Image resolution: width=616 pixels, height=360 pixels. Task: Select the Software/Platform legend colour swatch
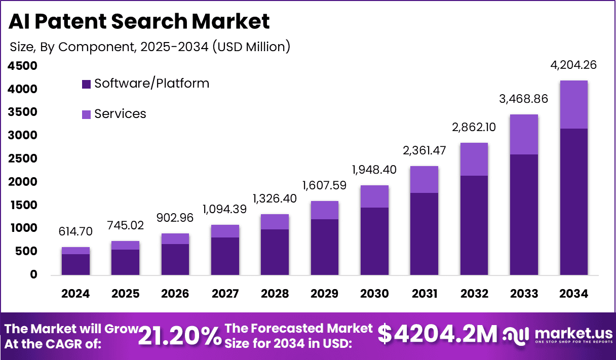click(86, 84)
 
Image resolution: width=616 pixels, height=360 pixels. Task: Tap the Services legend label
click(120, 114)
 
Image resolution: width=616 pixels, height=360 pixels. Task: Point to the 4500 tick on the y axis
click(23, 66)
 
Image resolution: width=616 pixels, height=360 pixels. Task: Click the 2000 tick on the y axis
click(23, 182)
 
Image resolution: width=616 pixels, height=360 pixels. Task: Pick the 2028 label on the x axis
click(275, 294)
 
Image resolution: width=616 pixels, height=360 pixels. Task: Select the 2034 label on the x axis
click(573, 294)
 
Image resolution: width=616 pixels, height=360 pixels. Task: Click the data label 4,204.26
click(573, 65)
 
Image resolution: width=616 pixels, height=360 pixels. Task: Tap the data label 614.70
click(76, 232)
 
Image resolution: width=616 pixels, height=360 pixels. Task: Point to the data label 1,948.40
click(374, 170)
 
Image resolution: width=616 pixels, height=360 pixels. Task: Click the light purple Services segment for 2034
click(573, 104)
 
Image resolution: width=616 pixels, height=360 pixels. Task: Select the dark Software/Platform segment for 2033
click(524, 215)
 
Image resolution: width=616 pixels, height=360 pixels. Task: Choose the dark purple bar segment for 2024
click(76, 264)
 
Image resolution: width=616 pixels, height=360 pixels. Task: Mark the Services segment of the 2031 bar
click(424, 179)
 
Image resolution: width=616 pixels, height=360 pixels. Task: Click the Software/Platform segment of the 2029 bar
click(325, 247)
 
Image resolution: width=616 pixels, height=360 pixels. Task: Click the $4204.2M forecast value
click(438, 334)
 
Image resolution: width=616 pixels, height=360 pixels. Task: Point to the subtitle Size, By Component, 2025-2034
click(150, 47)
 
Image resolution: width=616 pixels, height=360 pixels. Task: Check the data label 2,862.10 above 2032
click(474, 127)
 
